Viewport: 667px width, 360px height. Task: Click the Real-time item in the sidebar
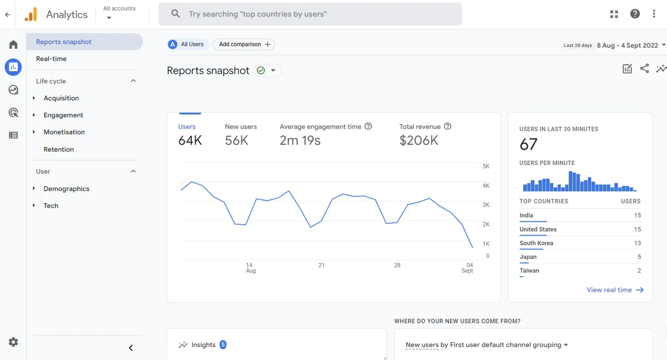[51, 59]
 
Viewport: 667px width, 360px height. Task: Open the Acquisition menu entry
[61, 98]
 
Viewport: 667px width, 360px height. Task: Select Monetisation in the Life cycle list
[64, 132]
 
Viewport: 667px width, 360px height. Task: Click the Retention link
[59, 149]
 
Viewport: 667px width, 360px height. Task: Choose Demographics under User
[66, 189]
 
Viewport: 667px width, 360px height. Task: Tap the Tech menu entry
[51, 206]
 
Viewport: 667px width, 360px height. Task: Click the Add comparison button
[244, 44]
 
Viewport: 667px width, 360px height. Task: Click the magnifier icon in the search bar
[175, 14]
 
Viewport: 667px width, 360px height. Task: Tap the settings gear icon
[13, 342]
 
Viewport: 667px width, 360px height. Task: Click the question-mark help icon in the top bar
[635, 14]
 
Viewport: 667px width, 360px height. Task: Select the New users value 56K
[237, 140]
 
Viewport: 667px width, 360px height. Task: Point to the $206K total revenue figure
[419, 140]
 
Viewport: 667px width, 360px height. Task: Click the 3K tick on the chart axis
[486, 205]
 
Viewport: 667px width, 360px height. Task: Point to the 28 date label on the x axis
[397, 265]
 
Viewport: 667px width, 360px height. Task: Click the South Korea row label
[536, 243]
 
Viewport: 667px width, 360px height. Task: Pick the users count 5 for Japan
[639, 257]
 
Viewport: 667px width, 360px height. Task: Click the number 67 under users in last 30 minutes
[528, 144]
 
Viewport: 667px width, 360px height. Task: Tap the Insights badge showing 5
[223, 345]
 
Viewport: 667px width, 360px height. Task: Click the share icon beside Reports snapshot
[644, 68]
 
